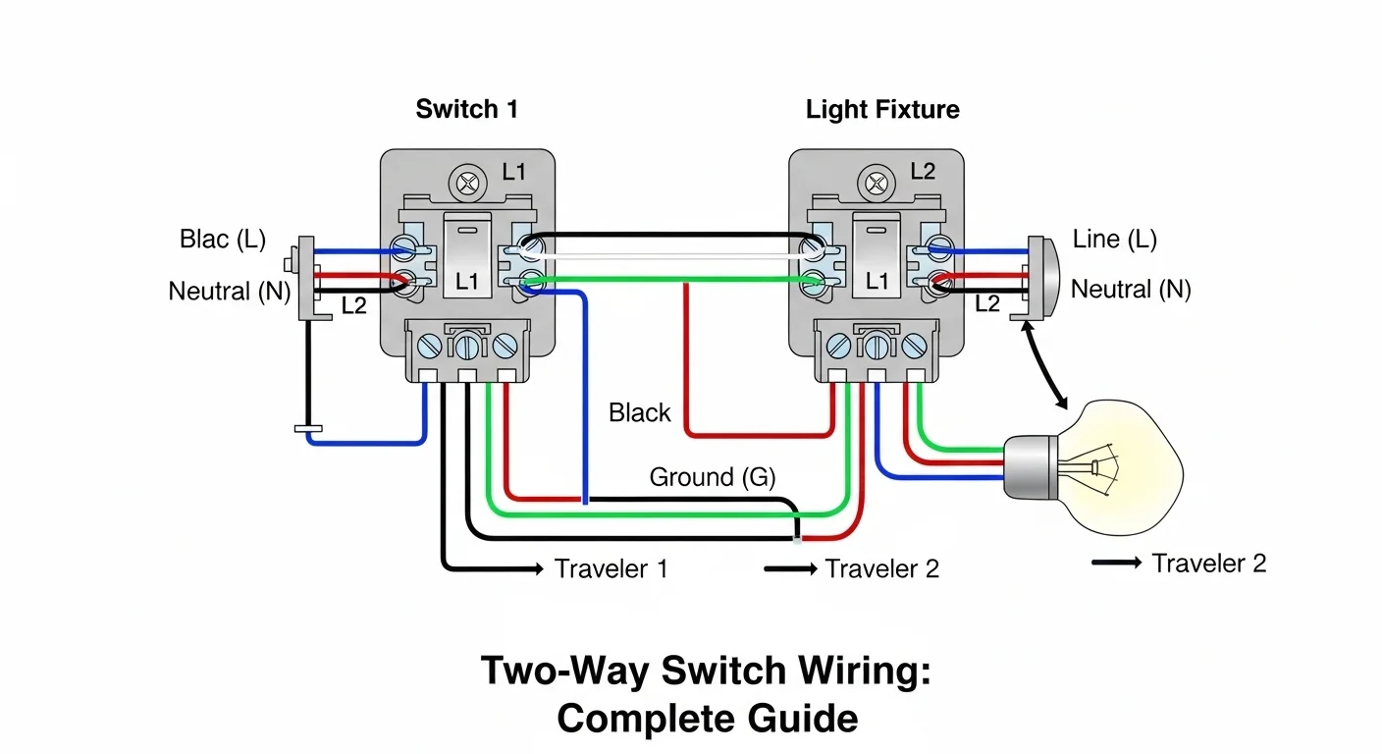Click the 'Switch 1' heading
tap(466, 109)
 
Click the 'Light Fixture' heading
tap(882, 109)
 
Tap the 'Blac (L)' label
tap(223, 239)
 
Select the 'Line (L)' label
tap(1114, 239)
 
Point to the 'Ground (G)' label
tap(713, 477)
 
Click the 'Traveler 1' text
tap(611, 568)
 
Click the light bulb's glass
tap(1119, 461)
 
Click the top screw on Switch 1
tap(466, 183)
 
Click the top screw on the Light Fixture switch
tap(876, 183)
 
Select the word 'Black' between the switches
tap(639, 412)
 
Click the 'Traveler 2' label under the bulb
tap(1208, 564)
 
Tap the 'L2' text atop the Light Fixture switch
tap(923, 172)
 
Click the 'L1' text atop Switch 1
tap(513, 172)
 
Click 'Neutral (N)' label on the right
tap(1131, 289)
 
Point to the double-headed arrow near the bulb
tap(1045, 367)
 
